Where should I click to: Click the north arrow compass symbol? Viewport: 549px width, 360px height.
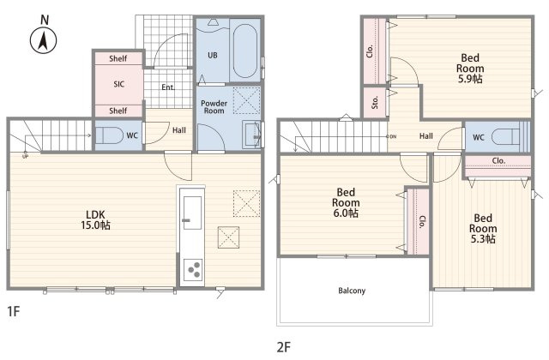[44, 40]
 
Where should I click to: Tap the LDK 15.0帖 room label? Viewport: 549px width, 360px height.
[95, 220]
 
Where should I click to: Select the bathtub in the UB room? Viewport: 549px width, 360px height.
[245, 51]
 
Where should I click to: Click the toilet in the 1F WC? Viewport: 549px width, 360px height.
[109, 135]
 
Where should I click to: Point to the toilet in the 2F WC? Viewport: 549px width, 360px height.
[507, 136]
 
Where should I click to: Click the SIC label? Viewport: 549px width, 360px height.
[118, 84]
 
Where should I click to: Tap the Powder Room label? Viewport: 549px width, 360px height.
[214, 107]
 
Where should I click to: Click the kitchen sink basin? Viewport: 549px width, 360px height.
[192, 213]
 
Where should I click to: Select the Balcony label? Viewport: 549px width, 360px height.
[352, 291]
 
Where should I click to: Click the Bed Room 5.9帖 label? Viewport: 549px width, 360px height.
[470, 69]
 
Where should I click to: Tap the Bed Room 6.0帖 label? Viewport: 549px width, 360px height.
[346, 202]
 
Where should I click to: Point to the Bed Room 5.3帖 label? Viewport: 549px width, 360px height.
[483, 229]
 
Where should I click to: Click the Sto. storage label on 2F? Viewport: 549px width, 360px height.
[375, 102]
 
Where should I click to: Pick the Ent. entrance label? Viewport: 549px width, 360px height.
[168, 87]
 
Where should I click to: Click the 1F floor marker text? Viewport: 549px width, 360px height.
[14, 311]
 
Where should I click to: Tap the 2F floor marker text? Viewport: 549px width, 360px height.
[284, 347]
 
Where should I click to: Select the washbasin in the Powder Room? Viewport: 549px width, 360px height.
[252, 135]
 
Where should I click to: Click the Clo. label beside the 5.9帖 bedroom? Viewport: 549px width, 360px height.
[370, 51]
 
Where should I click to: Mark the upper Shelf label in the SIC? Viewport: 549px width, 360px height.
[118, 58]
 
